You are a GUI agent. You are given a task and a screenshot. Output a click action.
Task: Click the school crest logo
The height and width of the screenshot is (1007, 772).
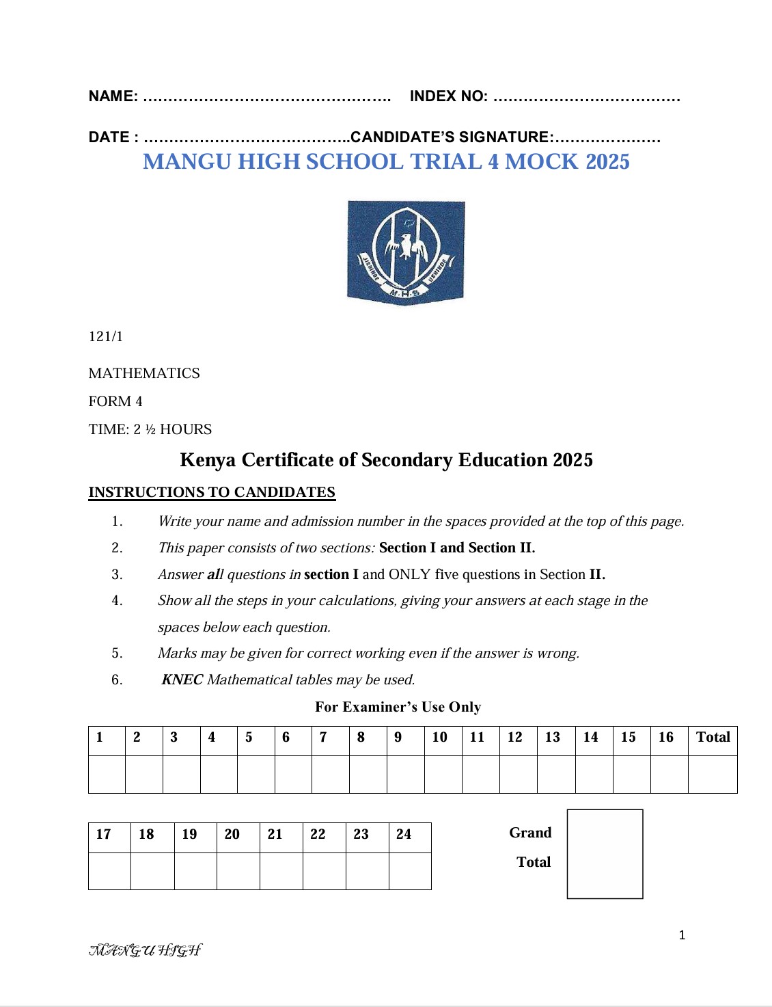(406, 252)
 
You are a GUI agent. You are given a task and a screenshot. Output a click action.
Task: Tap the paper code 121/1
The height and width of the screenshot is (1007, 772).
(106, 336)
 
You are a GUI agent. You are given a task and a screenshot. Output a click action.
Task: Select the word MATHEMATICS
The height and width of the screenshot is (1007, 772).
(144, 373)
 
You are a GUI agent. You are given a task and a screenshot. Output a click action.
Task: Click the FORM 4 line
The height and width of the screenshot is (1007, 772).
(115, 401)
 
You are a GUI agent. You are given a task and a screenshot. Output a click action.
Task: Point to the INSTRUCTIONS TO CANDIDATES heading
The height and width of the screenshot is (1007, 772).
(212, 492)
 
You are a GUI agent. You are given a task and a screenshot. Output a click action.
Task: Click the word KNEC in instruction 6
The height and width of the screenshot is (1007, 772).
(182, 680)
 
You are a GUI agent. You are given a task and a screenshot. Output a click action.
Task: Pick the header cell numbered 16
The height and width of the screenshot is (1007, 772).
(668, 738)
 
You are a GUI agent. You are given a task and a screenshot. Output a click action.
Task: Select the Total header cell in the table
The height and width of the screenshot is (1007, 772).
(713, 738)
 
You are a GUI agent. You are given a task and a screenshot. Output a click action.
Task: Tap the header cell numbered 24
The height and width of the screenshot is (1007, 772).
(409, 835)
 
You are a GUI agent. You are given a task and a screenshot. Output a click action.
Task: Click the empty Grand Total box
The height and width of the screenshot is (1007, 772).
(605, 854)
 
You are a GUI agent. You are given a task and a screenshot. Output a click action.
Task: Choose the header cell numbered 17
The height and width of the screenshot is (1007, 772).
(109, 835)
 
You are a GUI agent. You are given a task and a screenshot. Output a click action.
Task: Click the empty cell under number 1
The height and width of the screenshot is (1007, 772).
(107, 775)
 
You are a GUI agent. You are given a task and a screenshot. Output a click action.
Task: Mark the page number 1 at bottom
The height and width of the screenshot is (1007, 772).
(682, 935)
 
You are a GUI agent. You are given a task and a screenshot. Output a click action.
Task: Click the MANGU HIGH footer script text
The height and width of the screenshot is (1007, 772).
(146, 950)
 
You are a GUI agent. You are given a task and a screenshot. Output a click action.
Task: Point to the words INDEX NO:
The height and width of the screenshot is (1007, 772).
(449, 96)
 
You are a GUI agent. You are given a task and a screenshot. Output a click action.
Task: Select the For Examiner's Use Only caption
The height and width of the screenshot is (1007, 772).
(398, 707)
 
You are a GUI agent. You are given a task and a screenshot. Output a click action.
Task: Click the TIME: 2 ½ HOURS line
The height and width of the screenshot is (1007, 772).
(150, 429)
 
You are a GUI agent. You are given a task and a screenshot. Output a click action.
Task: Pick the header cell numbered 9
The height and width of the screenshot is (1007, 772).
(404, 738)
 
